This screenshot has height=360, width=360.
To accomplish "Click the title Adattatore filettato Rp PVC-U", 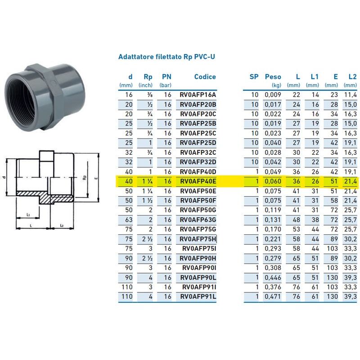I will pyautogui.click(x=169, y=57).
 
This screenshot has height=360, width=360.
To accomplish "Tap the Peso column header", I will pyautogui.click(x=273, y=77).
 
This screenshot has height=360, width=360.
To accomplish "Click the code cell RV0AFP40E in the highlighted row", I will pyautogui.click(x=198, y=181).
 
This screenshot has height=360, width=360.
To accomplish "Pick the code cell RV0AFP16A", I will pyautogui.click(x=198, y=95).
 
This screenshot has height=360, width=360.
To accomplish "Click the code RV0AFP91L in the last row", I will pyautogui.click(x=198, y=296).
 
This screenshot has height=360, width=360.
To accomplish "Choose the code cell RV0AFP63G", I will pyautogui.click(x=198, y=220).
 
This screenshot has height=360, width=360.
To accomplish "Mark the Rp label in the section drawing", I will pyautogui.click(x=84, y=178).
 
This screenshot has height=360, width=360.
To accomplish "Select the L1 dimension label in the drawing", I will pyautogui.click(x=28, y=214).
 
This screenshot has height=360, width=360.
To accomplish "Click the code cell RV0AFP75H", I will pyautogui.click(x=198, y=239).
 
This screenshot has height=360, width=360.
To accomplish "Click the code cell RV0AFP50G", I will pyautogui.click(x=198, y=210).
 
